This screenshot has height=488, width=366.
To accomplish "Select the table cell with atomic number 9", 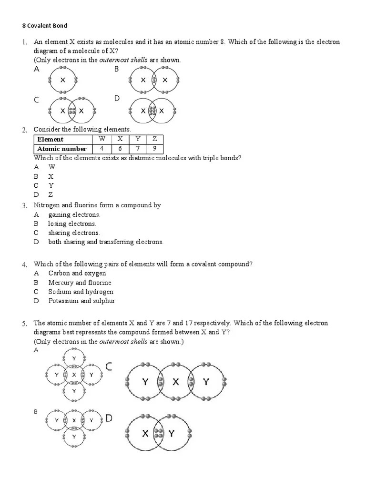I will (154, 148).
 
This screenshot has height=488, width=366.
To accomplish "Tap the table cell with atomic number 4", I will (102, 148).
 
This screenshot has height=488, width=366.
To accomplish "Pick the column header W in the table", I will (102, 139).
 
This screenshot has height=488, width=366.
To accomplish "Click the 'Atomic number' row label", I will (62, 148).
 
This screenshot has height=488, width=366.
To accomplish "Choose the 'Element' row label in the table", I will (50, 139).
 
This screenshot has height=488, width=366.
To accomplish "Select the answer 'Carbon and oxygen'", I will (77, 273).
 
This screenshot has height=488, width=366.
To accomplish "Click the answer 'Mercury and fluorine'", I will (80, 283).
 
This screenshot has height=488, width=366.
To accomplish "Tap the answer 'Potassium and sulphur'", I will (81, 301).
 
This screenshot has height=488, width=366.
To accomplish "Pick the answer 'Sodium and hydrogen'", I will (81, 292).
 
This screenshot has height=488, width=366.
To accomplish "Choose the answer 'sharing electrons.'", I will (74, 233).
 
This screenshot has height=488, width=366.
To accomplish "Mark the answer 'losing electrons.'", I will (72, 224).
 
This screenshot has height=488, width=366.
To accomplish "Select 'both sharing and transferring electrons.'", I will (106, 242).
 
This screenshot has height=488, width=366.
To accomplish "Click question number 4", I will (24, 264).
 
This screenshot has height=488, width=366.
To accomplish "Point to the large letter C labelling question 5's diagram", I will (109, 366).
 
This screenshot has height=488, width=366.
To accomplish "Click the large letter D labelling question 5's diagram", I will (109, 418).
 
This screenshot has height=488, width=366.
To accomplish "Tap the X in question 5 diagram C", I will (175, 381).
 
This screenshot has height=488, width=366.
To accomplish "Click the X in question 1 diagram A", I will (62, 80).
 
